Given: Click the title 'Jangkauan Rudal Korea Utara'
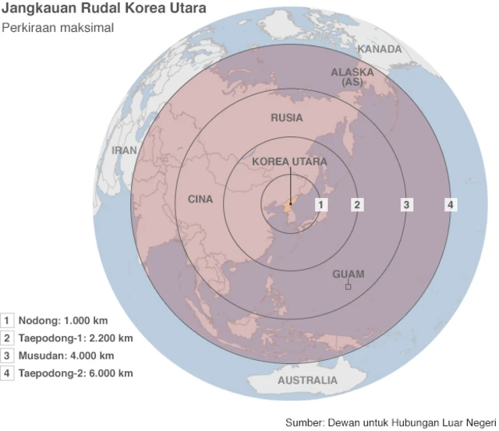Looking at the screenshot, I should (104, 10).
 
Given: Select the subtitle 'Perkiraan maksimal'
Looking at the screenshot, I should (58, 28).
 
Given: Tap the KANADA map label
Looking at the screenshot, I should (380, 49).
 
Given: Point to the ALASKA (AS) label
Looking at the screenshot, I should (352, 76).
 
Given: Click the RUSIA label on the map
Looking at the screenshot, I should (287, 118).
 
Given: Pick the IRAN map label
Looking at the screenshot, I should (125, 150).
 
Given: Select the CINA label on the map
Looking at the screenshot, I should (200, 200).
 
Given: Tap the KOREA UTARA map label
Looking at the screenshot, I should (289, 162).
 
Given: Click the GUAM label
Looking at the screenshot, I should (349, 274).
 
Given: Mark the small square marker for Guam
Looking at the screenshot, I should (349, 287).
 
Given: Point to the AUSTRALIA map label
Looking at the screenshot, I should (308, 380).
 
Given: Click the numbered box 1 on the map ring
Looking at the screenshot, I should (321, 204).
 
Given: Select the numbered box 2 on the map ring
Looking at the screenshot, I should (357, 204).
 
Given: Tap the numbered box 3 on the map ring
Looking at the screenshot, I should (406, 204).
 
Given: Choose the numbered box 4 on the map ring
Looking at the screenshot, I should (451, 204).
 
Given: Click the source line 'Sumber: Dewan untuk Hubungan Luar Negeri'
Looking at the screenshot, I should (391, 422).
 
